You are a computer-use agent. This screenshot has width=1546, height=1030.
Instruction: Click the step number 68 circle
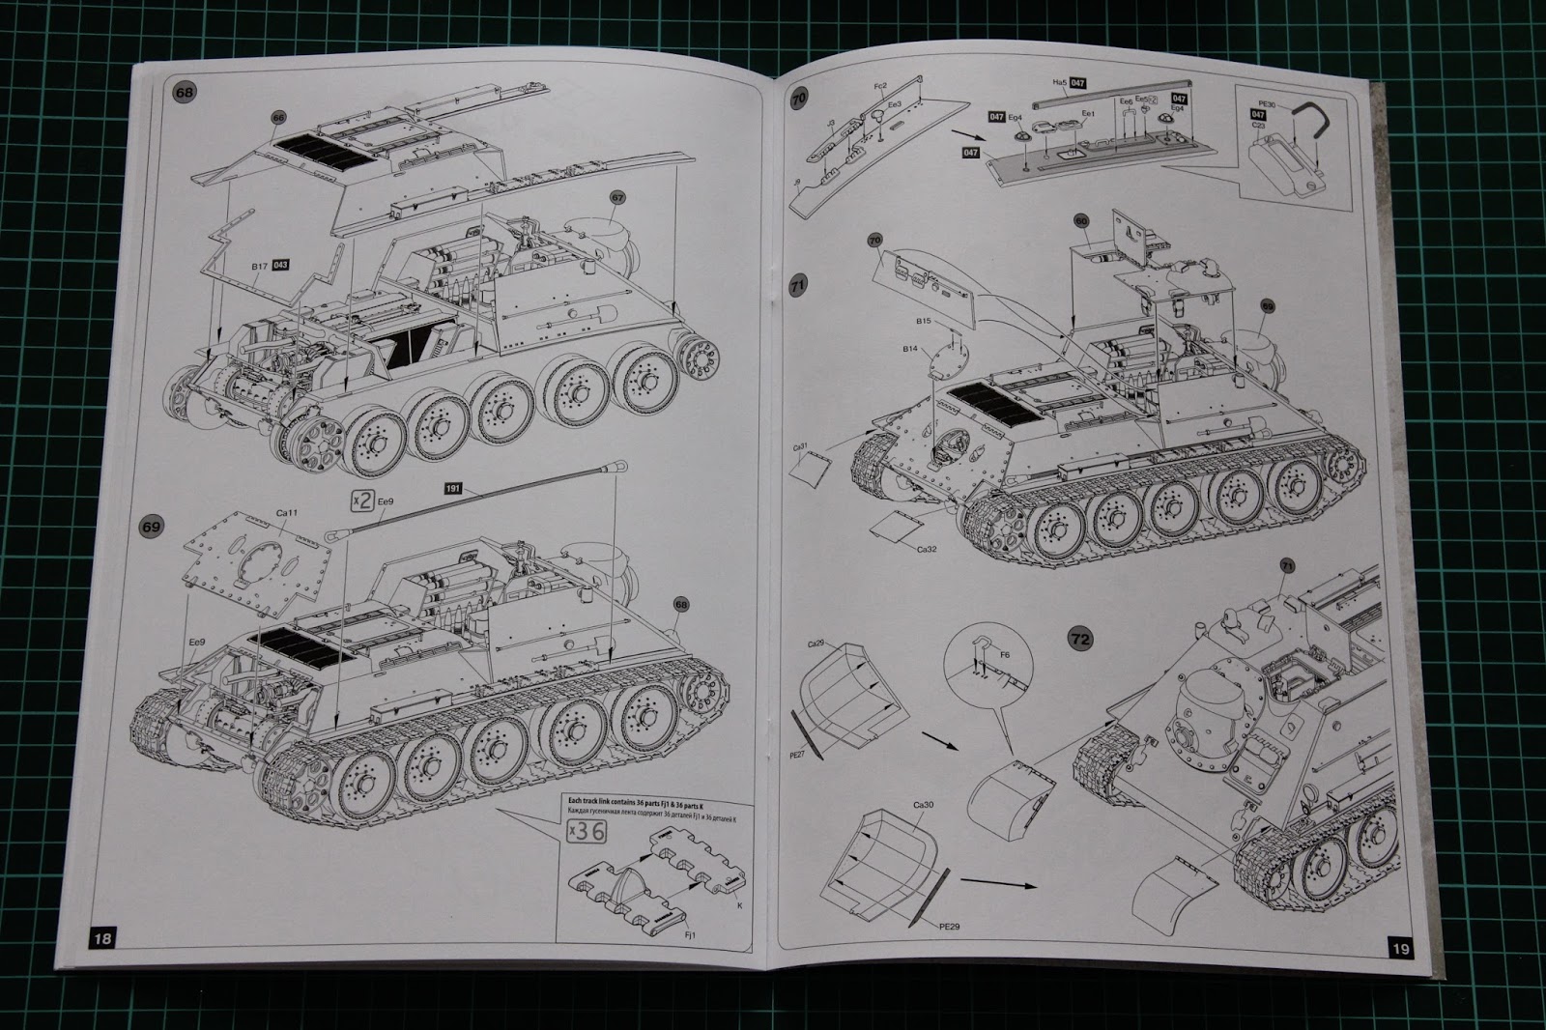tap(183, 93)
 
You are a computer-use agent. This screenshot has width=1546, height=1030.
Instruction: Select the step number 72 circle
tap(1080, 639)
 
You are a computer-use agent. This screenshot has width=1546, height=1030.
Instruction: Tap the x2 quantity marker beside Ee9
tap(361, 500)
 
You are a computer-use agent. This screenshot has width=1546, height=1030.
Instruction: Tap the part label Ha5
tap(1061, 84)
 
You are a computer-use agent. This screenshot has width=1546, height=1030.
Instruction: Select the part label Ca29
tap(817, 644)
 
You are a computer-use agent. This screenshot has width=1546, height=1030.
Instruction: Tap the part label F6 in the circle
tap(1004, 655)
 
